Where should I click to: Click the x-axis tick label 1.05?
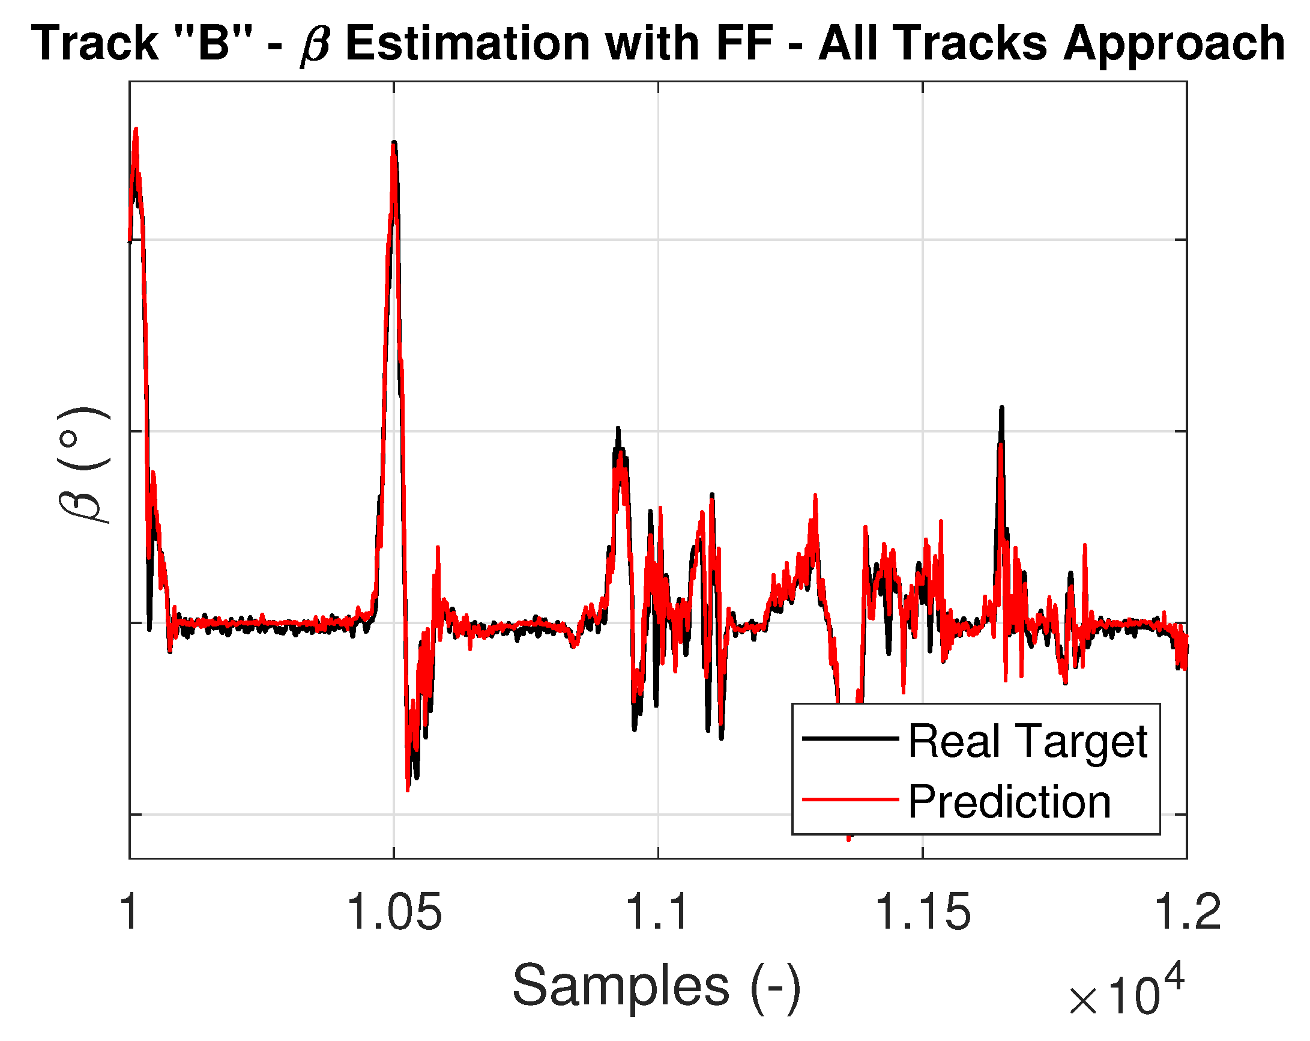coord(394,912)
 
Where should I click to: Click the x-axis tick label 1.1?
coord(657,912)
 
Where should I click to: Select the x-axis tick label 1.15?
coord(922,912)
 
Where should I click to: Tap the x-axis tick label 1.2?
coord(1187,912)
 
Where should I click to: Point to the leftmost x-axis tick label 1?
coord(130,912)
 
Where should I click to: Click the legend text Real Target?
coord(1027,741)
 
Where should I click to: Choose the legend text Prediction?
coord(1009,802)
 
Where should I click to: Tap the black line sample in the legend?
coord(850,739)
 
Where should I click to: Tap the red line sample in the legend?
coord(850,800)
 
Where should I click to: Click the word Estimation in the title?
coord(468,44)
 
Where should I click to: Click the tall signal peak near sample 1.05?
coord(394,143)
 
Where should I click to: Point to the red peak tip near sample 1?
coord(136,129)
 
